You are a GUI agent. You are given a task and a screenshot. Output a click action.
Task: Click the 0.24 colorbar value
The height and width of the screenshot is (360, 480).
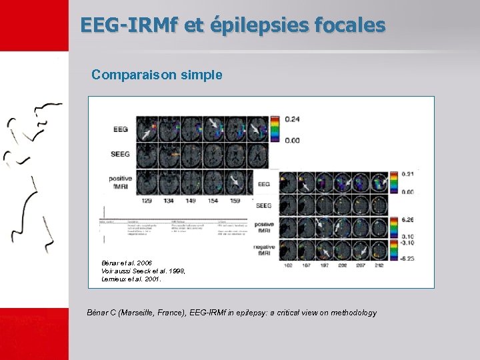[292, 119]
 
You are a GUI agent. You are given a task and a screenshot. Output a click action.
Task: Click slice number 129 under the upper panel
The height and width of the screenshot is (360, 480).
[147, 200]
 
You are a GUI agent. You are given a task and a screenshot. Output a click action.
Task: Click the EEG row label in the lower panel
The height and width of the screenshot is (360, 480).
[263, 183]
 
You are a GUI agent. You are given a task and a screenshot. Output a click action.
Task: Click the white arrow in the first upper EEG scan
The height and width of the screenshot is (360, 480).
[145, 134]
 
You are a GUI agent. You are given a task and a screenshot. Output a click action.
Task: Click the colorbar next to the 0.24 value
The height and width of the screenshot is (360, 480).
[273, 129]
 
